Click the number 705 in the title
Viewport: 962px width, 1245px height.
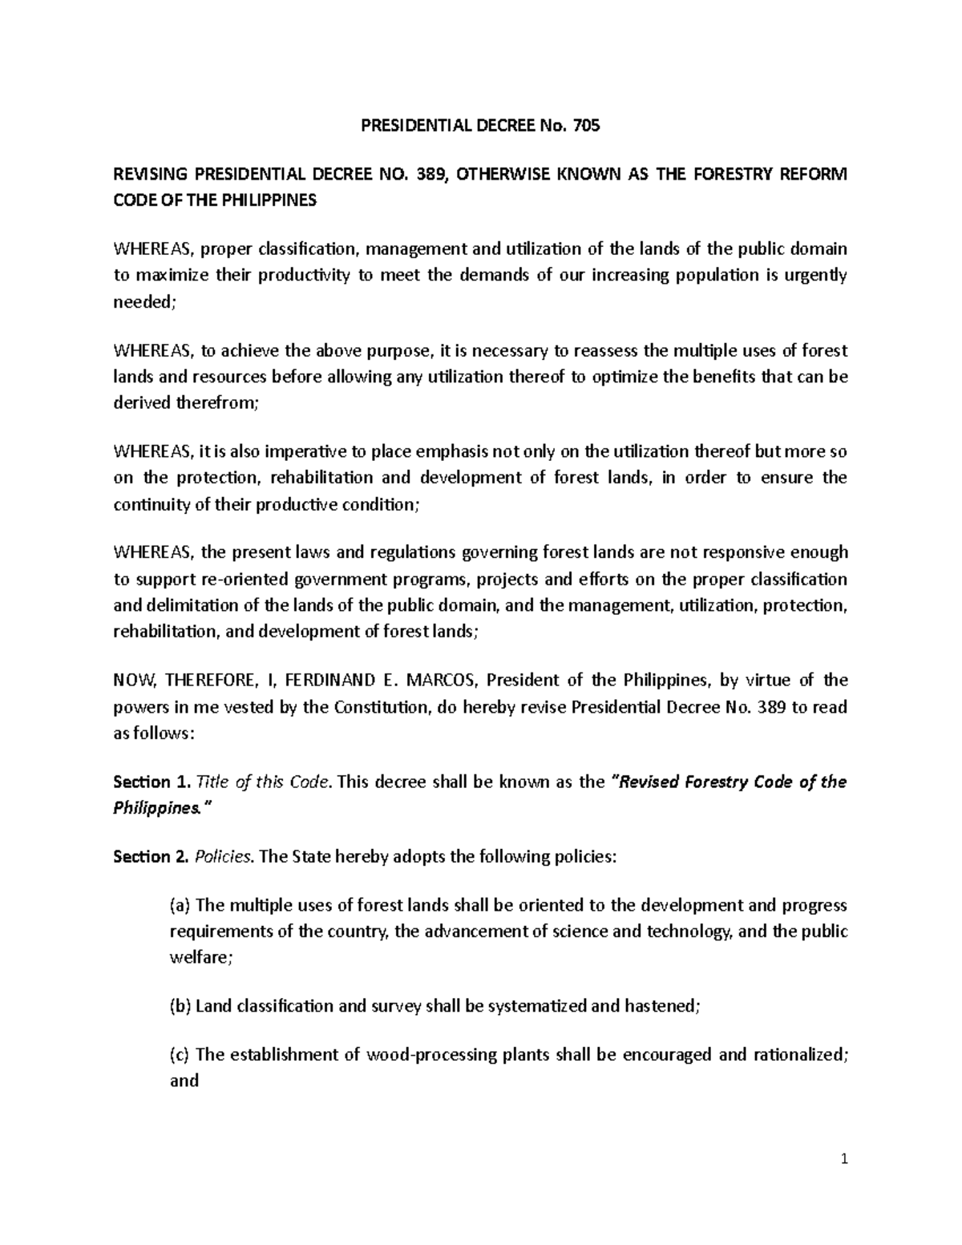[586, 126]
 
